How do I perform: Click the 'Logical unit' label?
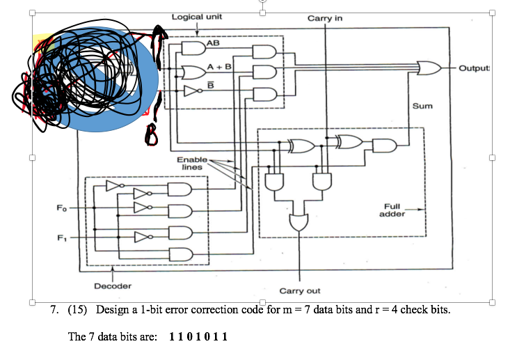(197, 16)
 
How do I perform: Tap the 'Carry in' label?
(324, 17)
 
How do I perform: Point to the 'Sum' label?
(422, 107)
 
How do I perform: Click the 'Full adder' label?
(392, 210)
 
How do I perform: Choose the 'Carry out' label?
(300, 290)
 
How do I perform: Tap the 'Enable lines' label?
(192, 164)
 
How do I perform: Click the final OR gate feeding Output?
(429, 68)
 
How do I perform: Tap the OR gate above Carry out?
(299, 221)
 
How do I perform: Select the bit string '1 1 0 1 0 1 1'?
(198, 336)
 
